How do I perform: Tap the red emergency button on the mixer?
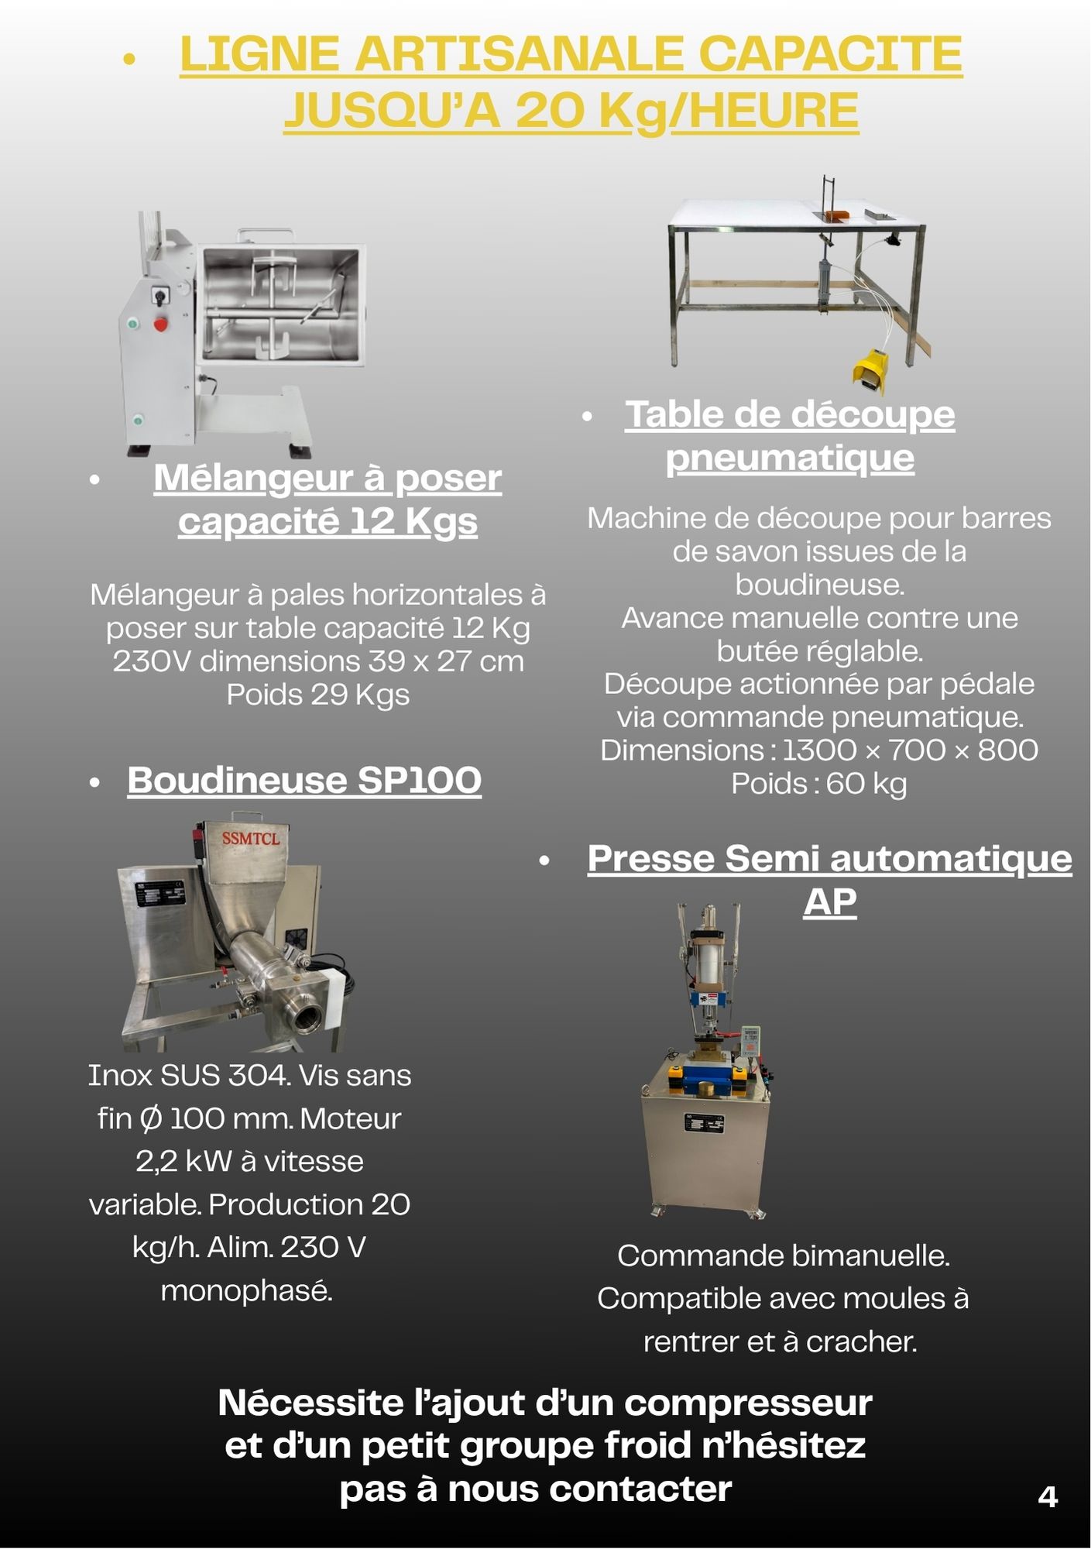click(160, 324)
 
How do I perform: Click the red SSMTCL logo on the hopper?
click(250, 838)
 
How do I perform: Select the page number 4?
click(1047, 1496)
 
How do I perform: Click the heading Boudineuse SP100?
click(304, 780)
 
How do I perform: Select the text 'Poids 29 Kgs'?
click(317, 694)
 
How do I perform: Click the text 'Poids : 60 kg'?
click(819, 783)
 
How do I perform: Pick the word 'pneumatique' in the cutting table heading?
click(790, 457)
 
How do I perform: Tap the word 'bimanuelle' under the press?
click(849, 1255)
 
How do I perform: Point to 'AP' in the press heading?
click(829, 902)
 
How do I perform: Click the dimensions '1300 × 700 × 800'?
click(910, 750)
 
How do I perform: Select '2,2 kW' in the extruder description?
click(184, 1161)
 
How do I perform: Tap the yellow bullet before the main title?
click(129, 59)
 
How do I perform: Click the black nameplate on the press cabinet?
click(705, 1123)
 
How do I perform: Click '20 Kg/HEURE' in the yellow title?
click(687, 110)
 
